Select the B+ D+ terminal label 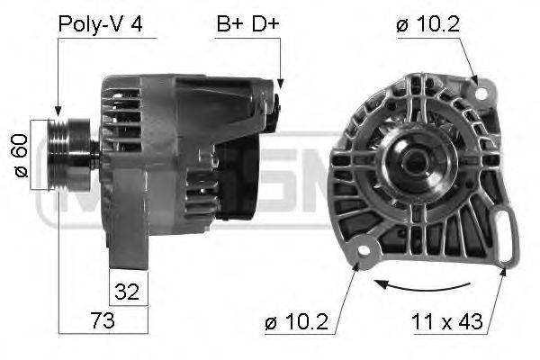(x=247, y=23)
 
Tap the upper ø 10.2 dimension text (x=427, y=24)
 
